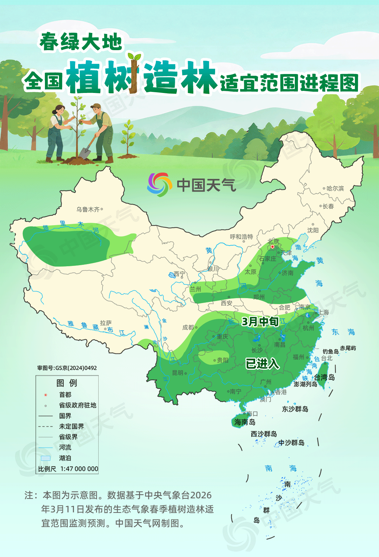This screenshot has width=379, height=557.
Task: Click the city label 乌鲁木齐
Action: click(88, 209)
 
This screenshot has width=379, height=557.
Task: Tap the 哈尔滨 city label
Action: click(335, 188)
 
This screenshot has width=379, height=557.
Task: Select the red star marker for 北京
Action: click(273, 247)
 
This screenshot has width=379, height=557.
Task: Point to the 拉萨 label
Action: click(106, 323)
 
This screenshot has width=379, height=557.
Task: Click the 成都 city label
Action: click(188, 327)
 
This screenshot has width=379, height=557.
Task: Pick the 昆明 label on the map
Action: click(178, 373)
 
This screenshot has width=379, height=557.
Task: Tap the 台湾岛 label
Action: click(324, 377)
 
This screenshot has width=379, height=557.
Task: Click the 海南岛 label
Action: click(245, 422)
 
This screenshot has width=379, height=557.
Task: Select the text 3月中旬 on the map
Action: click(260, 321)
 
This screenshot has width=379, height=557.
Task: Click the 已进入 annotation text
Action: click(262, 364)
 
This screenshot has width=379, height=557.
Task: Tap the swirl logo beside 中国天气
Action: click(160, 184)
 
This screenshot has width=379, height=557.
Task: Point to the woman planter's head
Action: click(58, 109)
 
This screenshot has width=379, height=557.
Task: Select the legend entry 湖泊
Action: click(65, 458)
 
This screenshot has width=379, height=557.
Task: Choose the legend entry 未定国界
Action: click(71, 427)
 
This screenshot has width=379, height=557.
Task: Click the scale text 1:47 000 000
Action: click(79, 469)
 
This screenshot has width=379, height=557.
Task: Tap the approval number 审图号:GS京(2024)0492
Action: click(67, 368)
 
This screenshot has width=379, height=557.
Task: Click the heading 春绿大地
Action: click(81, 42)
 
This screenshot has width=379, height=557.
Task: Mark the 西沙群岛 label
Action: click(264, 434)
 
